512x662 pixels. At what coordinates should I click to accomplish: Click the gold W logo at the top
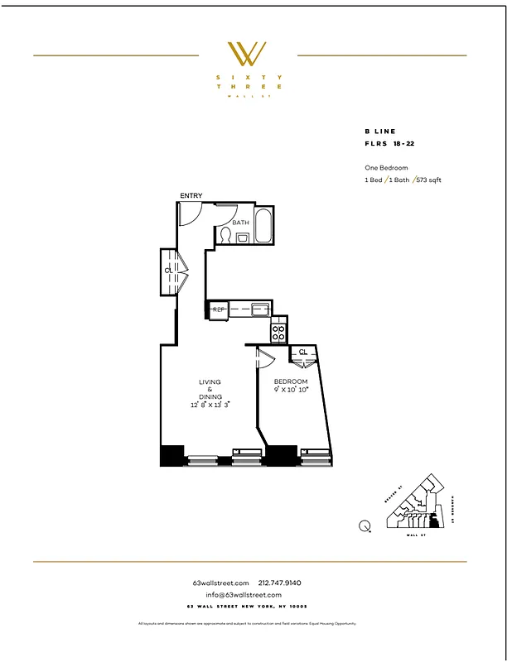[x=246, y=54]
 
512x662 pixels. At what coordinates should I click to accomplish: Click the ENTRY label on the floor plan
[x=191, y=195]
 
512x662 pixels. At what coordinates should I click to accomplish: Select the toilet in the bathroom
[x=224, y=235]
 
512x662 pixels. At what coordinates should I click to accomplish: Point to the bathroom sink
[x=244, y=238]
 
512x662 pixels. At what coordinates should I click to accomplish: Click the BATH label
[x=240, y=223]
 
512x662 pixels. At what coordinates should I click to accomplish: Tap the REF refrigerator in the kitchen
[x=219, y=310]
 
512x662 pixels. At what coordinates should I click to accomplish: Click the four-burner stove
[x=279, y=333]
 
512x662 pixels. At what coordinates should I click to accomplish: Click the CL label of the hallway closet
[x=168, y=270]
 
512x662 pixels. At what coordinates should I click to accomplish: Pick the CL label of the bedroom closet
[x=303, y=352]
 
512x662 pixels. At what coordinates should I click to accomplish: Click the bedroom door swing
[x=265, y=357]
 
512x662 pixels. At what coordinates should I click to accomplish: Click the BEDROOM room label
[x=291, y=381]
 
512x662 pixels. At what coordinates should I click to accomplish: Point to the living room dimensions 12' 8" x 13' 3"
[x=210, y=405]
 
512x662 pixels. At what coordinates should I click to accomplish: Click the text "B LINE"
[x=380, y=132]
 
